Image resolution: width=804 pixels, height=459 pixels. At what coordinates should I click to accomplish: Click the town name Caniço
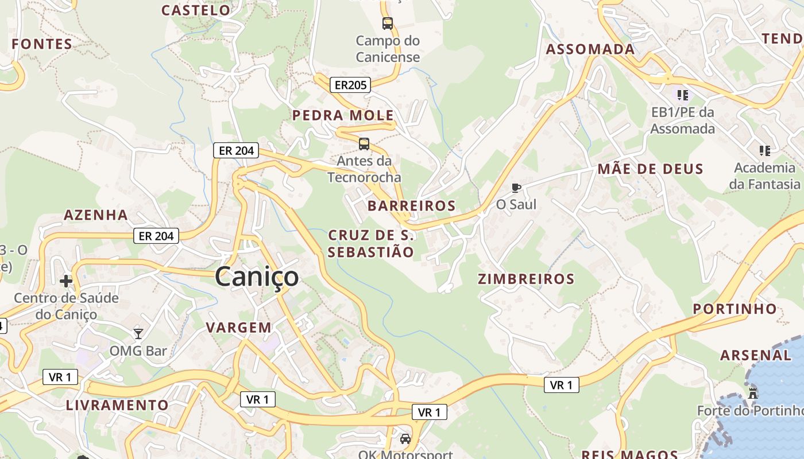pyautogui.click(x=257, y=277)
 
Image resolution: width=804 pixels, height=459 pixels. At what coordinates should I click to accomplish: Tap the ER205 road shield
pyautogui.click(x=350, y=85)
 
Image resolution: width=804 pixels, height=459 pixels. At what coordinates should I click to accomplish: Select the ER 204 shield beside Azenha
pyautogui.click(x=156, y=235)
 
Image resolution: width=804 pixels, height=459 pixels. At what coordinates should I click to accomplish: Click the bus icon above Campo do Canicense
pyautogui.click(x=388, y=24)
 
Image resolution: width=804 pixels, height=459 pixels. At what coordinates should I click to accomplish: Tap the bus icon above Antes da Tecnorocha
pyautogui.click(x=364, y=144)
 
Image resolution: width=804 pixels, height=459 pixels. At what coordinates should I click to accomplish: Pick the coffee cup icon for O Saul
pyautogui.click(x=516, y=188)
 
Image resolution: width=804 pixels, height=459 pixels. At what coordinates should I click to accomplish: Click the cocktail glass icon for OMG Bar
pyautogui.click(x=138, y=333)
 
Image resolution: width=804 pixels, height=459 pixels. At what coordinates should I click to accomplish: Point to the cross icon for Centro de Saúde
pyautogui.click(x=66, y=281)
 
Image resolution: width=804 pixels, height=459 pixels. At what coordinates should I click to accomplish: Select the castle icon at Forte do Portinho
pyautogui.click(x=753, y=394)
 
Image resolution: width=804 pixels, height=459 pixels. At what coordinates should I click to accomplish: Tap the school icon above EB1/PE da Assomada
pyautogui.click(x=682, y=95)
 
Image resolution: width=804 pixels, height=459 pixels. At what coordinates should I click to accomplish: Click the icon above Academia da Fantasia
pyautogui.click(x=764, y=151)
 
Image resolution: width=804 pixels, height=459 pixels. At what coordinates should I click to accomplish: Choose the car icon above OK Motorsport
pyautogui.click(x=405, y=439)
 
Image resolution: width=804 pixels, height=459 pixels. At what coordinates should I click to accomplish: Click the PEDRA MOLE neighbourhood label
pyautogui.click(x=343, y=115)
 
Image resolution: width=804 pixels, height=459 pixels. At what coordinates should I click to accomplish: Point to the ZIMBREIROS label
pyautogui.click(x=526, y=279)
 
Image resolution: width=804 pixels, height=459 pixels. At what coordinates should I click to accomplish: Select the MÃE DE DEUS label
pyautogui.click(x=650, y=169)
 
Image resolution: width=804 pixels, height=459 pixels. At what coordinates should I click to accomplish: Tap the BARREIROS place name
pyautogui.click(x=411, y=205)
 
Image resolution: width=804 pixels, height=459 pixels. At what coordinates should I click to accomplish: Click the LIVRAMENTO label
pyautogui.click(x=117, y=405)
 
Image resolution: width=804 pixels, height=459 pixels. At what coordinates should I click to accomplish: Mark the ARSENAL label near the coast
pyautogui.click(x=755, y=355)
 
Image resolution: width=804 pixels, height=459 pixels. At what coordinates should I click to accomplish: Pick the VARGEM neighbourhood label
pyautogui.click(x=238, y=328)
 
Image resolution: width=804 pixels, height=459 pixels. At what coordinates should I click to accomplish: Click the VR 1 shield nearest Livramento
pyautogui.click(x=60, y=377)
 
